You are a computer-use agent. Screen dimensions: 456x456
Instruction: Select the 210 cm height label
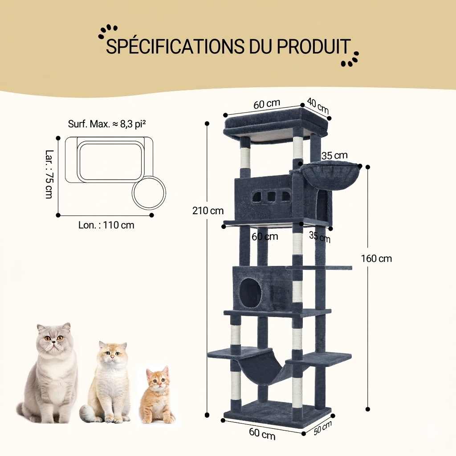pos(208,211)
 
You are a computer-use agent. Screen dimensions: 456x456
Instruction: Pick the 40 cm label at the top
pos(318,106)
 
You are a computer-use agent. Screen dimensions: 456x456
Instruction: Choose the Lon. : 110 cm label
pos(106,225)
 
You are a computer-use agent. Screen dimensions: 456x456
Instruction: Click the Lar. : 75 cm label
pos(49,174)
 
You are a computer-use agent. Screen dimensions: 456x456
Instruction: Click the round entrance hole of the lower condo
pos(250,291)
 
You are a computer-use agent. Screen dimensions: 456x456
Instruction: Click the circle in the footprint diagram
pos(149,193)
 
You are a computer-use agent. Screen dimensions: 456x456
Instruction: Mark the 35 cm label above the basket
pos(334,155)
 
